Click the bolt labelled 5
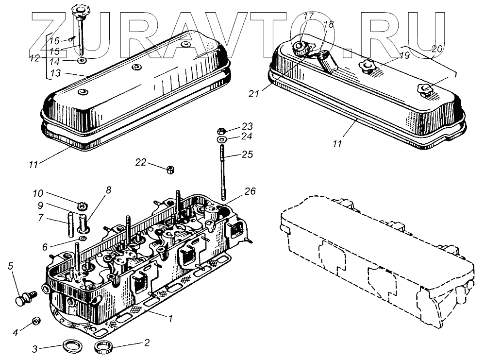(25, 297)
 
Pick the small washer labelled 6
(83, 239)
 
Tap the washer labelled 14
(82, 61)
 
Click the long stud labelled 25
(223, 175)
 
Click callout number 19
(404, 55)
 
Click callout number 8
(108, 190)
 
